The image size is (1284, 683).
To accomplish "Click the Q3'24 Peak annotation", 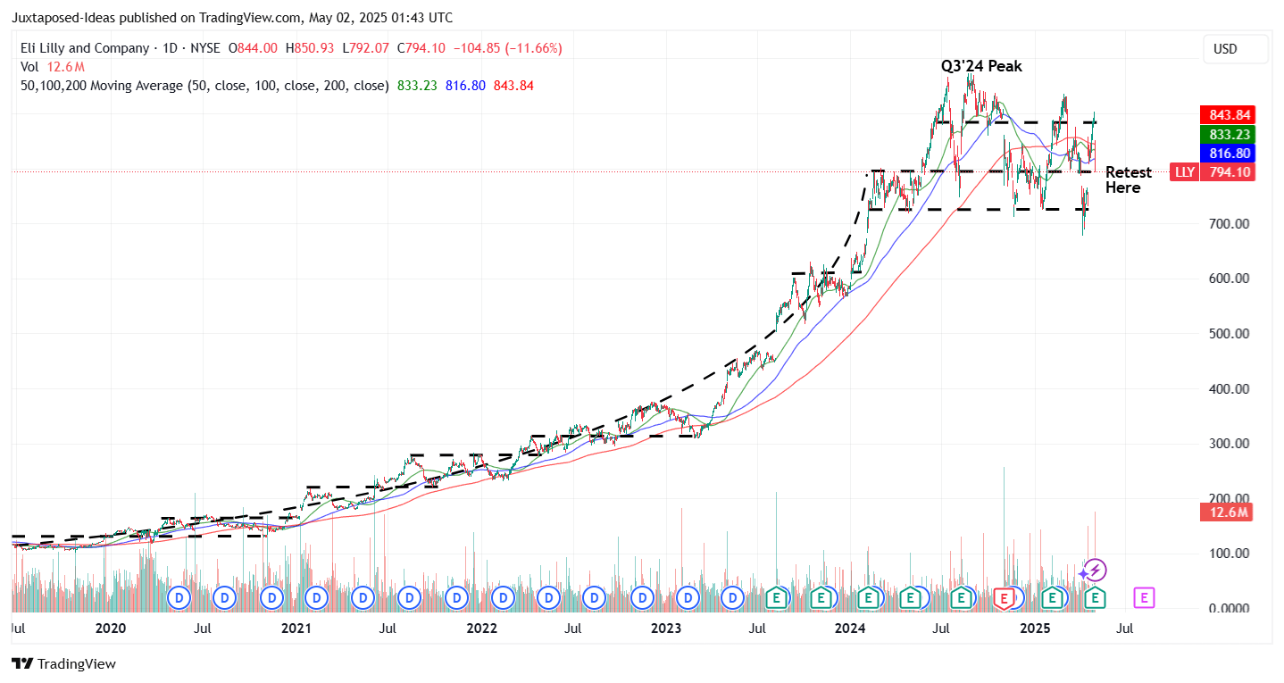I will pyautogui.click(x=980, y=66).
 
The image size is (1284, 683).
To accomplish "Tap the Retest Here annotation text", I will pyautogui.click(x=1128, y=179).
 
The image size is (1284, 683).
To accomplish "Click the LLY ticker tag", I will pyautogui.click(x=1184, y=172).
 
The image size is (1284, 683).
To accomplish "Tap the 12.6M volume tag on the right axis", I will pyautogui.click(x=1228, y=512).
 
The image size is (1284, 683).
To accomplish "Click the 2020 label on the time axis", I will pyautogui.click(x=111, y=629).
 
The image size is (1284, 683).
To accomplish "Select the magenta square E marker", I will pyautogui.click(x=1144, y=597).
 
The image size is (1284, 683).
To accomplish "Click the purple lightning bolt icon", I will pyautogui.click(x=1096, y=571).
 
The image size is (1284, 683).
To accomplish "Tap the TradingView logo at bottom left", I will pyautogui.click(x=63, y=664).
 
